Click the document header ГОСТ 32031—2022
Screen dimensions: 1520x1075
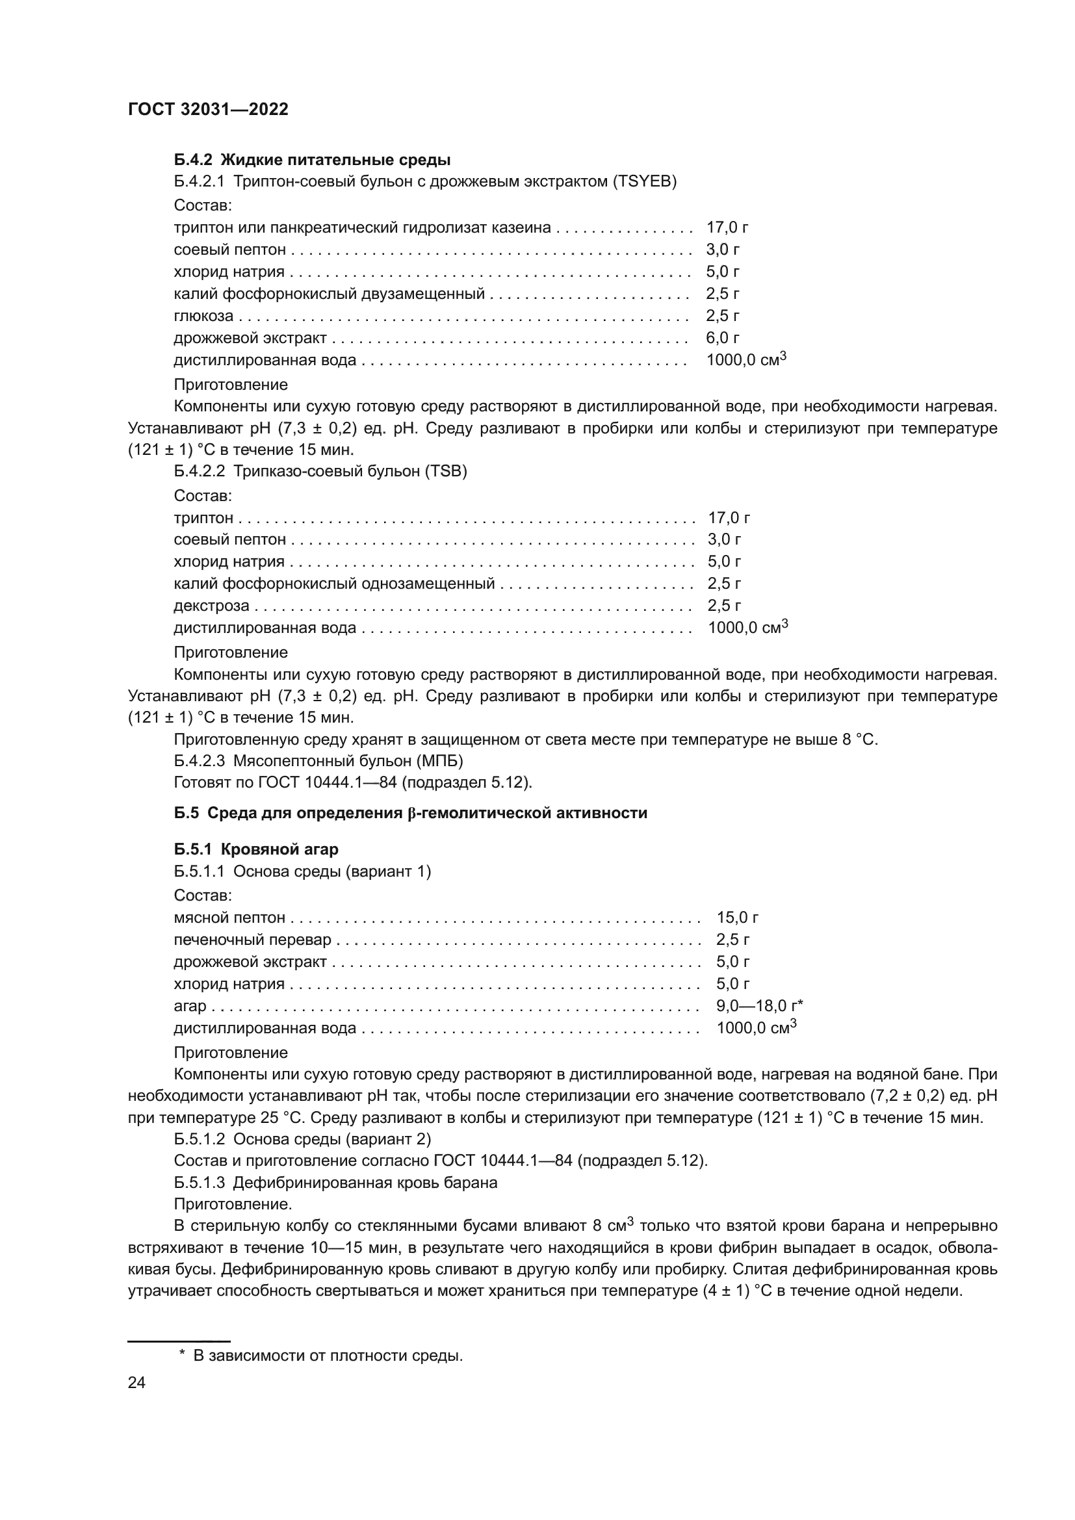pyautogui.click(x=208, y=109)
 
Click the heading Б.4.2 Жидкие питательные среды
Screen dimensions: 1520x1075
pyautogui.click(x=312, y=160)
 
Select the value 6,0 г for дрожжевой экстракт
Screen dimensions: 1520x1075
pyautogui.click(x=722, y=338)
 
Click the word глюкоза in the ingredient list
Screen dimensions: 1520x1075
pyautogui.click(x=203, y=316)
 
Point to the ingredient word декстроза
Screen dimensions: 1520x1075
pyautogui.click(x=211, y=606)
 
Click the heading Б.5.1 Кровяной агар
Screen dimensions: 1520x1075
pyautogui.click(x=256, y=849)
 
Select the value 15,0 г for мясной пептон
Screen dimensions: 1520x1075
pyautogui.click(x=737, y=918)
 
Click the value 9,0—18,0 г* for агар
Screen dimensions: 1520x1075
pyautogui.click(x=759, y=1005)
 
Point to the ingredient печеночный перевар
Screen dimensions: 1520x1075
pyautogui.click(x=252, y=940)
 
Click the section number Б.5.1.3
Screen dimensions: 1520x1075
pyautogui.click(x=200, y=1182)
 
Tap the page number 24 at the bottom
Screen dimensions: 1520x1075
pyautogui.click(x=136, y=1382)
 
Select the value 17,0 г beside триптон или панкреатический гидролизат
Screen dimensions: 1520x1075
pyautogui.click(x=727, y=227)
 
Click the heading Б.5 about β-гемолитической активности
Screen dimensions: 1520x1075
pyautogui.click(x=410, y=813)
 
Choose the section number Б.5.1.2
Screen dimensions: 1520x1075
pyautogui.click(x=200, y=1139)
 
